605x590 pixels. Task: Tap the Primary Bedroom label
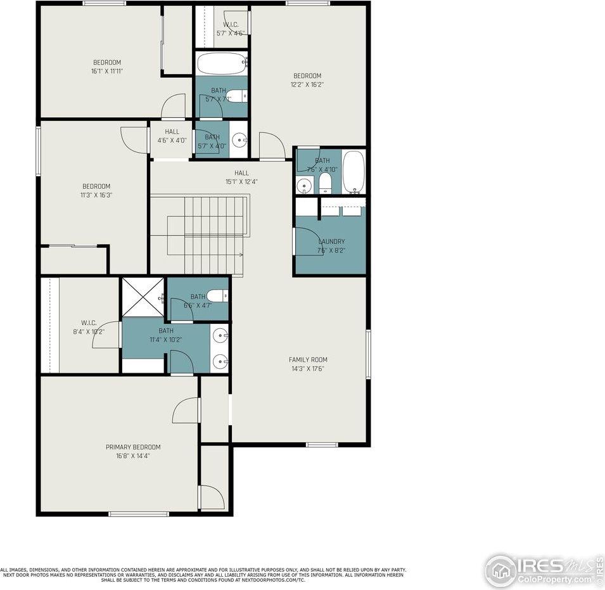(x=132, y=447)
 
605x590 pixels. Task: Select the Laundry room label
(x=331, y=241)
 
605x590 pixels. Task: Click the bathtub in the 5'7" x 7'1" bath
(x=222, y=63)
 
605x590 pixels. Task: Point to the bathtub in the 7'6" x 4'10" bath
(x=353, y=172)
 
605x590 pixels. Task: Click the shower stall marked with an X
(x=143, y=297)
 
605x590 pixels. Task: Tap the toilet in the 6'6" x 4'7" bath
(x=217, y=295)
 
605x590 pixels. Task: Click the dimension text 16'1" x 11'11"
(x=107, y=71)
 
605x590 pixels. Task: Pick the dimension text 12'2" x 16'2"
(x=307, y=84)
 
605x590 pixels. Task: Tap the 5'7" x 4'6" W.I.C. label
(x=230, y=32)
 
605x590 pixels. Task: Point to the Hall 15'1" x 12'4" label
(x=241, y=181)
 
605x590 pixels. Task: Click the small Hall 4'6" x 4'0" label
(x=172, y=141)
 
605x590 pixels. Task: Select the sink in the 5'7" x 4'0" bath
(x=239, y=141)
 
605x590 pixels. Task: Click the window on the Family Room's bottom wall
(x=322, y=444)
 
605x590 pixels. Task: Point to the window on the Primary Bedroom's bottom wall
(x=138, y=513)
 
